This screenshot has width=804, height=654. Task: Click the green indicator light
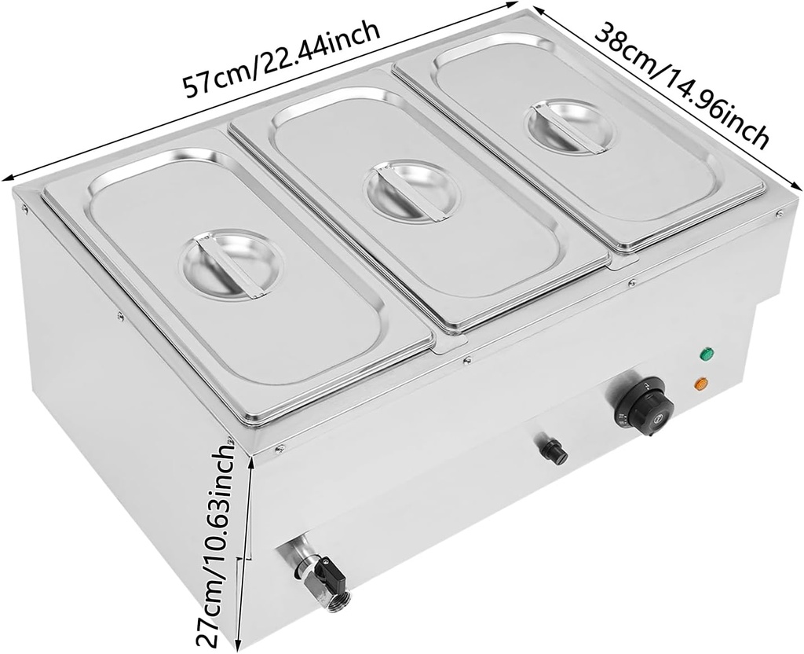pos(707,354)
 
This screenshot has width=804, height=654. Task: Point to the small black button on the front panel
pos(552,448)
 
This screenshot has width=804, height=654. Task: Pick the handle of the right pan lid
pos(572,126)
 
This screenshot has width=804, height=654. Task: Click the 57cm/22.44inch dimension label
pos(282,58)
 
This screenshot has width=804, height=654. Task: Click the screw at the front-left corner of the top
pos(280,450)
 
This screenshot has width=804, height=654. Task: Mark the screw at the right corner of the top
pos(780,214)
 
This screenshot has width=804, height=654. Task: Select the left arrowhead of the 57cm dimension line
pos(6,178)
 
